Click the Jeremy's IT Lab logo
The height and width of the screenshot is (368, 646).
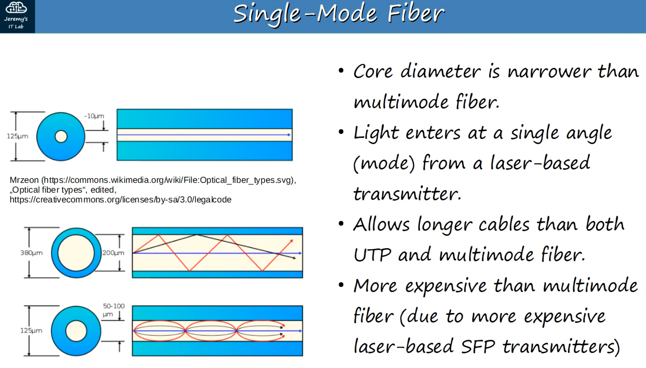tap(16, 16)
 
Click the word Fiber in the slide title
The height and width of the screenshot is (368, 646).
tap(416, 13)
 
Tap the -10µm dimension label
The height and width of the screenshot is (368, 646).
tap(94, 116)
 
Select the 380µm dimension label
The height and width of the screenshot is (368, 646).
tap(31, 253)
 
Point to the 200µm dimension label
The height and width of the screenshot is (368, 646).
tap(113, 253)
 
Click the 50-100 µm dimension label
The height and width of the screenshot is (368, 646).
tap(114, 310)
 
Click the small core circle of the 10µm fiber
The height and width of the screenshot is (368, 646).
tap(61, 136)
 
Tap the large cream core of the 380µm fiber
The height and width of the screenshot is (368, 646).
tap(76, 253)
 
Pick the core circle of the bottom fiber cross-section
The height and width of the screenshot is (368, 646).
tap(76, 331)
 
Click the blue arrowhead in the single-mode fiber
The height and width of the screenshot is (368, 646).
tap(289, 135)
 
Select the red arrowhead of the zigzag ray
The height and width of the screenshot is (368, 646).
tap(291, 241)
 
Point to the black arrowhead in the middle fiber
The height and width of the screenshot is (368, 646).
tap(294, 258)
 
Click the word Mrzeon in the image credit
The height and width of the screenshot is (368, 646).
tap(24, 180)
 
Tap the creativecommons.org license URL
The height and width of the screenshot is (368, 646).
tap(120, 200)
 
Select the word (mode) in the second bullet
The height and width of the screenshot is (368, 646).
tap(384, 163)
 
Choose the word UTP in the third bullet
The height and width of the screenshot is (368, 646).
tap(372, 255)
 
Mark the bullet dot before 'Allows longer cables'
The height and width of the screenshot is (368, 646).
tap(341, 224)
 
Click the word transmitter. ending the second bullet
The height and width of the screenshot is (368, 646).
tap(407, 194)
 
